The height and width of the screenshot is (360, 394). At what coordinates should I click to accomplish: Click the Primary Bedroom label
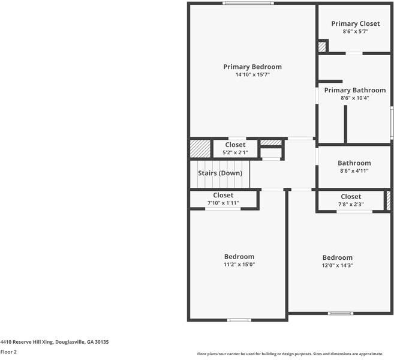coord(252,67)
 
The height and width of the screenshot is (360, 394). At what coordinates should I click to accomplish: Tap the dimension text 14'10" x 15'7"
coord(252,75)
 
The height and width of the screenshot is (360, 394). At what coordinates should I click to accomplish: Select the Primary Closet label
coord(355,23)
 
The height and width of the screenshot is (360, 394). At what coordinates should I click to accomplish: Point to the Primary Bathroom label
coord(354,90)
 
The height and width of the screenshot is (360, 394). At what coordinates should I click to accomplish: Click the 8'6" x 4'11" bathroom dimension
coord(354,171)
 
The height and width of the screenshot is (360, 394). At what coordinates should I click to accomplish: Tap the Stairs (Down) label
coord(220,173)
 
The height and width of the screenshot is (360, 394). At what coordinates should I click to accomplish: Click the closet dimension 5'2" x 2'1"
coord(235,152)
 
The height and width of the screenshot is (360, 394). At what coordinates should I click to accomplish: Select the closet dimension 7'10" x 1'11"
coord(223,203)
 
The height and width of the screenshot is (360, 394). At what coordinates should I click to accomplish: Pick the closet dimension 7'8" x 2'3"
coord(351,205)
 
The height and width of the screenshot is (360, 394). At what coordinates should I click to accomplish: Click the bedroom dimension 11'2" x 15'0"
coord(239,265)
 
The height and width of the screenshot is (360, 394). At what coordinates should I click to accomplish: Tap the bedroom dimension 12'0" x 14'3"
coord(337,265)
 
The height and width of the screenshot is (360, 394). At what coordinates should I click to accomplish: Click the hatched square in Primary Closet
coord(322,46)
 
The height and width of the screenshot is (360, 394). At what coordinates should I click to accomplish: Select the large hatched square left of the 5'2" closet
coord(200,148)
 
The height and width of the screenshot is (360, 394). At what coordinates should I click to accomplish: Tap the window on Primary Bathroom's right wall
coord(392,123)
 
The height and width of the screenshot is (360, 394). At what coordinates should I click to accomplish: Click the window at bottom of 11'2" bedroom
coord(239,320)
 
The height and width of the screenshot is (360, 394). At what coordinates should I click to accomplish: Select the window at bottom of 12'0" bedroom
coord(340,313)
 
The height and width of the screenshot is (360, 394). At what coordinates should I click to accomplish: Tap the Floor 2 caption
coord(8,352)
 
